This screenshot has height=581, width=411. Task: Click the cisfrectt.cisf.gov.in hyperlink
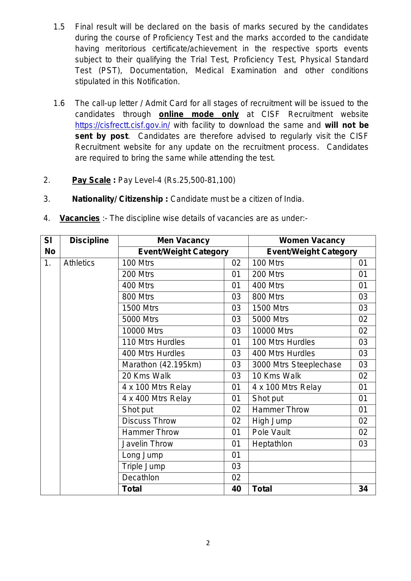tap(123, 125)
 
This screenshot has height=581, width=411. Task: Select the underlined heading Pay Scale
tap(91, 180)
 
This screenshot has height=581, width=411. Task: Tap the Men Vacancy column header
tap(183, 240)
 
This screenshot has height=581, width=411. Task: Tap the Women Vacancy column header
tap(312, 240)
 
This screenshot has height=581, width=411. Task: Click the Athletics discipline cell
tap(79, 263)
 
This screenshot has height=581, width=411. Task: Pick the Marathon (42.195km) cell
tap(162, 365)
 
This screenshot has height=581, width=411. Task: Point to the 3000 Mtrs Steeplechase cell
tap(296, 365)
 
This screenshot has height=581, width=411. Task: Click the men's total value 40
tap(236, 489)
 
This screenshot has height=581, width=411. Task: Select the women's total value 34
tap(363, 489)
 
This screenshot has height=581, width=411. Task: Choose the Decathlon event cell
tap(141, 478)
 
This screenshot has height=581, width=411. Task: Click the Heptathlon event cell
tap(272, 444)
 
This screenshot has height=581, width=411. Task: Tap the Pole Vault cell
tap(271, 432)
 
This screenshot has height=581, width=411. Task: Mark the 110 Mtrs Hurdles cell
tap(153, 342)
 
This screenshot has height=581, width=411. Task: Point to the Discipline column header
tap(89, 240)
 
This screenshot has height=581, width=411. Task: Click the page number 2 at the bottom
tap(208, 543)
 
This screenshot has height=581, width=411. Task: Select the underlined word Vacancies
tap(79, 218)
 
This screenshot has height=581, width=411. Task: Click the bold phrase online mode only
tap(199, 114)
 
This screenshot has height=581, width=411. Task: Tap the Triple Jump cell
tap(143, 466)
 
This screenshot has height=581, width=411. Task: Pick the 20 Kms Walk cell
tap(146, 376)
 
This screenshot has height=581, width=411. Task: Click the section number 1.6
tap(59, 103)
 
